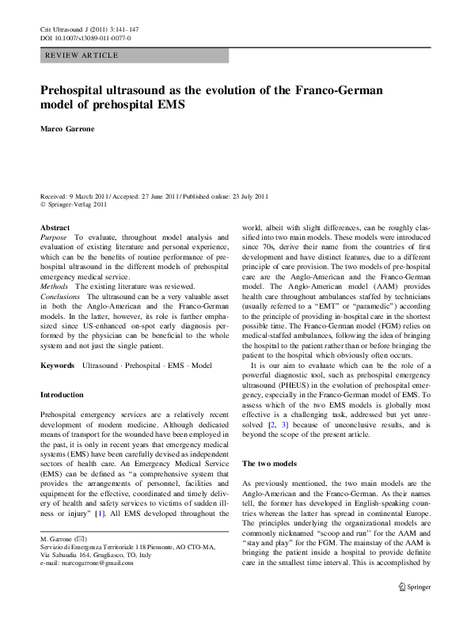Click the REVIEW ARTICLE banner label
pyautogui.click(x=83, y=55)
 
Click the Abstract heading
pyautogui.click(x=55, y=227)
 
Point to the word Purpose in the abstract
pyautogui.click(x=55, y=237)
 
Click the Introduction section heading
pyautogui.click(x=62, y=394)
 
